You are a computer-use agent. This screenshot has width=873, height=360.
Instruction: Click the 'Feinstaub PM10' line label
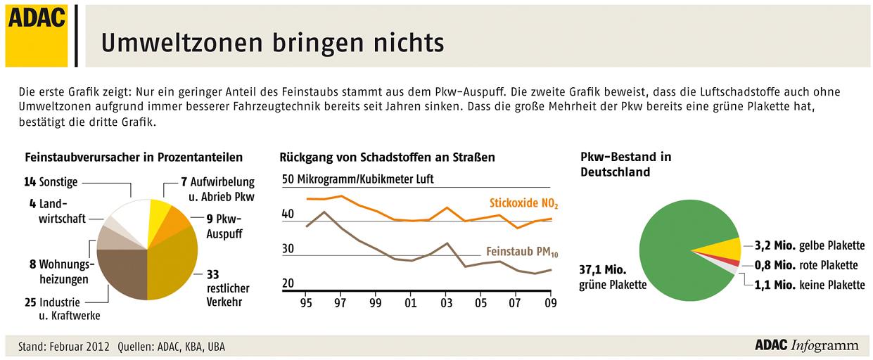(526, 251)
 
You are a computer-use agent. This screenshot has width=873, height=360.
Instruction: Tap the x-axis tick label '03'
(447, 304)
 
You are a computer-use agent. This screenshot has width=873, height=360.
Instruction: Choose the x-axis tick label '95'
(306, 304)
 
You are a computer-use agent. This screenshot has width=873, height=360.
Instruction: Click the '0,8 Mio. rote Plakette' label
(805, 266)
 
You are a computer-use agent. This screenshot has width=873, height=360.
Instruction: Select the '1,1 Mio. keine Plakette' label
(805, 285)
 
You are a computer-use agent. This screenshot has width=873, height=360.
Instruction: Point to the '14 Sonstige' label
(51, 181)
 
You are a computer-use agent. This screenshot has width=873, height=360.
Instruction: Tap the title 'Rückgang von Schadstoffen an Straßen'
(387, 157)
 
